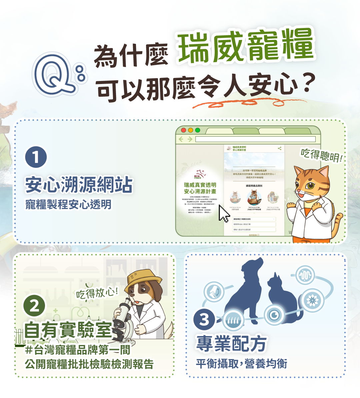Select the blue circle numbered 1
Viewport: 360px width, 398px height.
tap(36, 157)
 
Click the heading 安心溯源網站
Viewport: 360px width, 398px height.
tap(79, 185)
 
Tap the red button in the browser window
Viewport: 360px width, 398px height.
tap(183, 130)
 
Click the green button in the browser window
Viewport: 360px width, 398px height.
tap(198, 130)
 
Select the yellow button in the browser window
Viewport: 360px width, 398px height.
tap(190, 130)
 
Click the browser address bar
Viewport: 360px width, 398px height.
tap(255, 139)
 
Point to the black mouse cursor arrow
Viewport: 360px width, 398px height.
tap(223, 214)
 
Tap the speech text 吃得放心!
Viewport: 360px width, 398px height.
tap(97, 293)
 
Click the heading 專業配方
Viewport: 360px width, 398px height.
tap(231, 344)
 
